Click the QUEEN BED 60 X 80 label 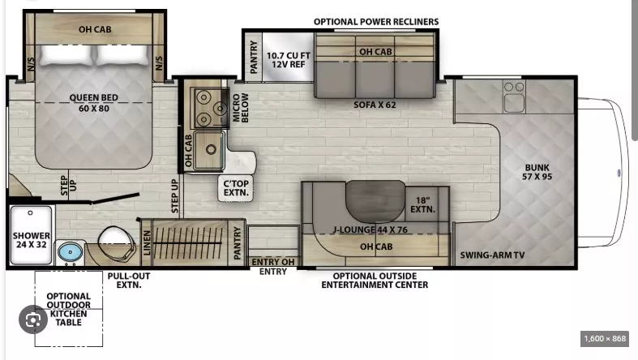pos(93,103)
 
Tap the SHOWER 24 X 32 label pos(32,240)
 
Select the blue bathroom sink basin pos(71,252)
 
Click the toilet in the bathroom pos(117,243)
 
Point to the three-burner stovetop pos(210,108)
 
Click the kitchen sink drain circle pos(211,150)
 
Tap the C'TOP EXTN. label pos(236,188)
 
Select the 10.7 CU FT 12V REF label pos(288,60)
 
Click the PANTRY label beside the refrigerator pos(254,57)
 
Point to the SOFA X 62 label pos(375,105)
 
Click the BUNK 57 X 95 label pos(537,172)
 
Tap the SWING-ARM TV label pos(492,255)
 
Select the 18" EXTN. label pos(422,205)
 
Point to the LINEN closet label pos(147,243)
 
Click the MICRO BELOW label pos(240,108)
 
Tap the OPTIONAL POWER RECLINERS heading pos(376,22)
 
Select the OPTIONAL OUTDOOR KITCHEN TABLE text pos(68,309)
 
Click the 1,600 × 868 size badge pos(605,338)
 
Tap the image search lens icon pos(33,319)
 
